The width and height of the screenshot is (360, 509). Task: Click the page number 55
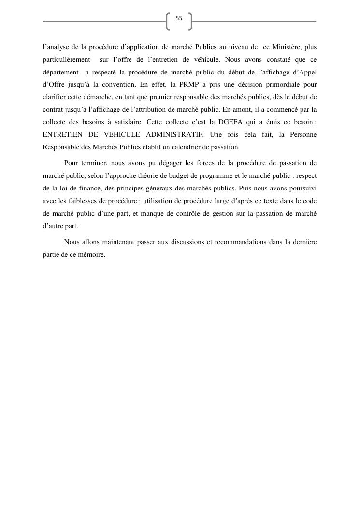tap(179, 18)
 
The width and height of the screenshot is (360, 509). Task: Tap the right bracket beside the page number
tap(190, 21)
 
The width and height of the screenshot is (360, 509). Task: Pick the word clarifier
tap(54, 97)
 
